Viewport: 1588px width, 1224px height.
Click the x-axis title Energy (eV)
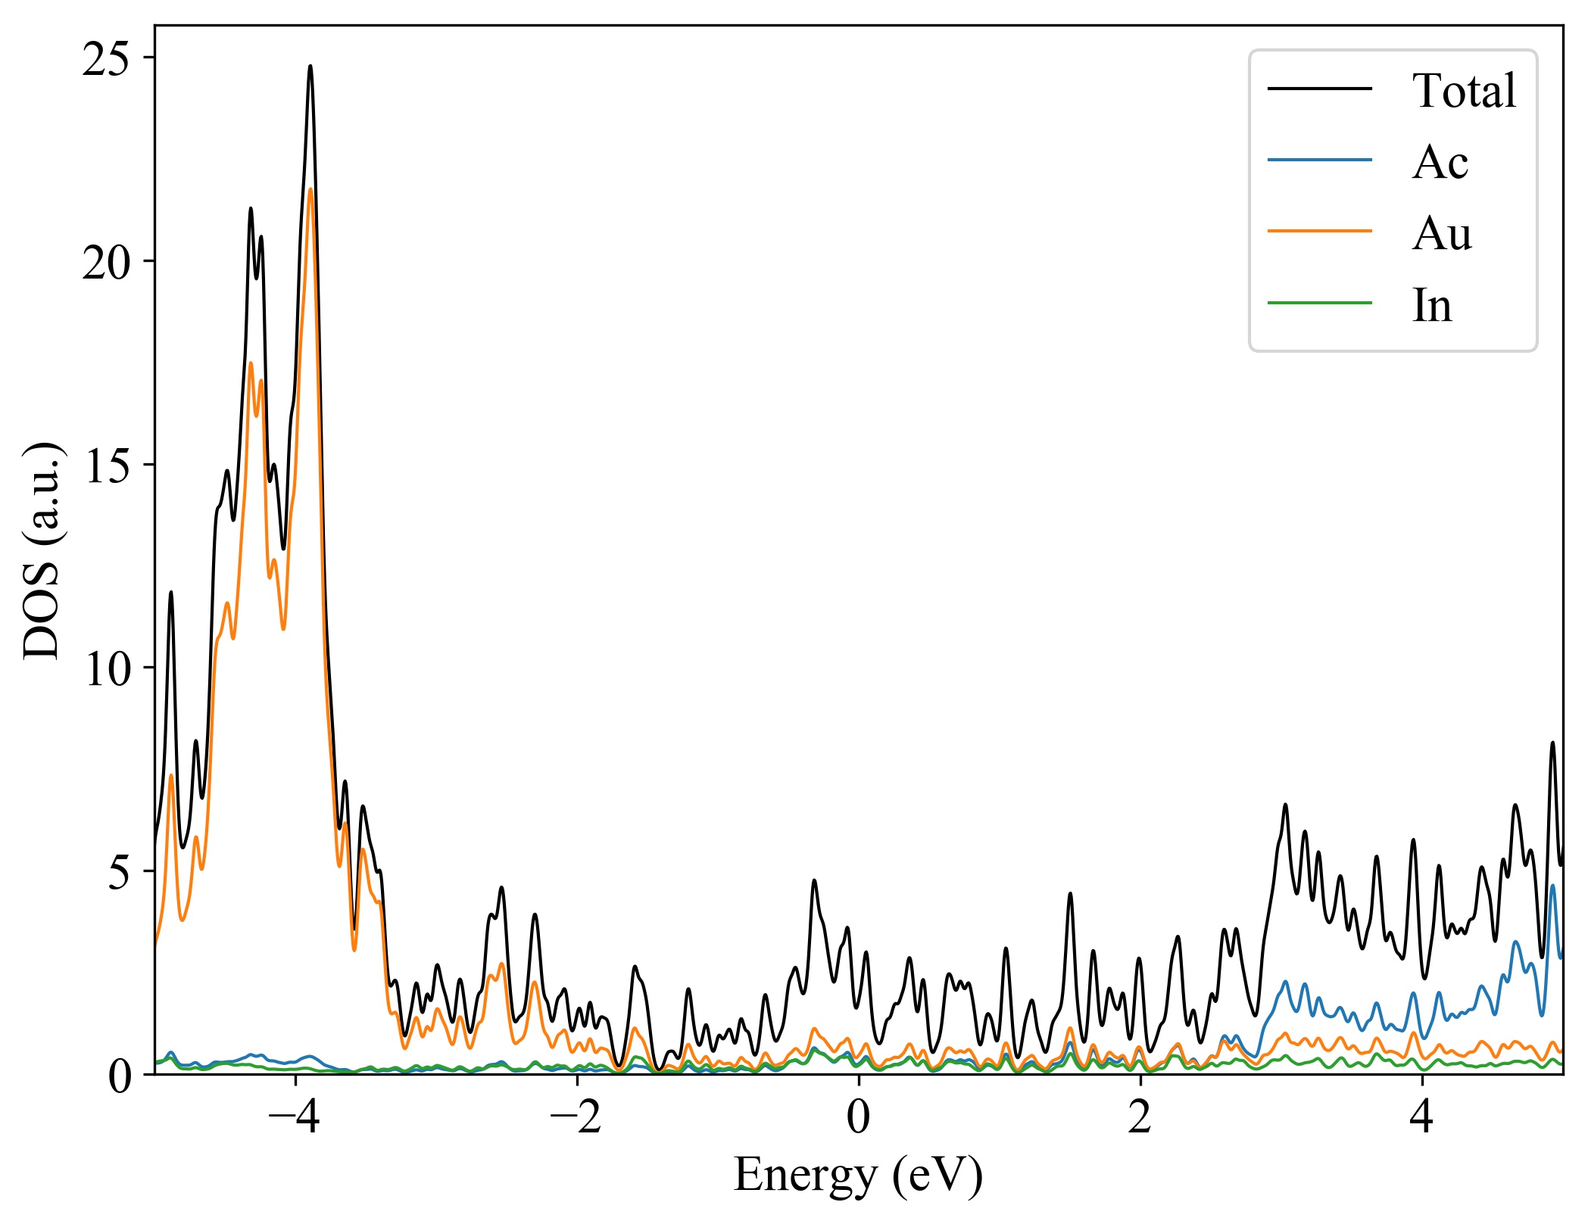[858, 1176]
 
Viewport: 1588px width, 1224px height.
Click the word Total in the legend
[1464, 91]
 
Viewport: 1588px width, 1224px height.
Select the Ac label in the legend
[1440, 162]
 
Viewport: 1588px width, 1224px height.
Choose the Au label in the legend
[1442, 234]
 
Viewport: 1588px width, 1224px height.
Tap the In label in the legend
[1432, 306]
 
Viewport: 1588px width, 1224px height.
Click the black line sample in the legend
[1319, 89]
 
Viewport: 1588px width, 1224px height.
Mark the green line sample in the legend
[1319, 304]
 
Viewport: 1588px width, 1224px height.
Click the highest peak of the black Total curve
[310, 67]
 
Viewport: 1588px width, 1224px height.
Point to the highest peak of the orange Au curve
[310, 189]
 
